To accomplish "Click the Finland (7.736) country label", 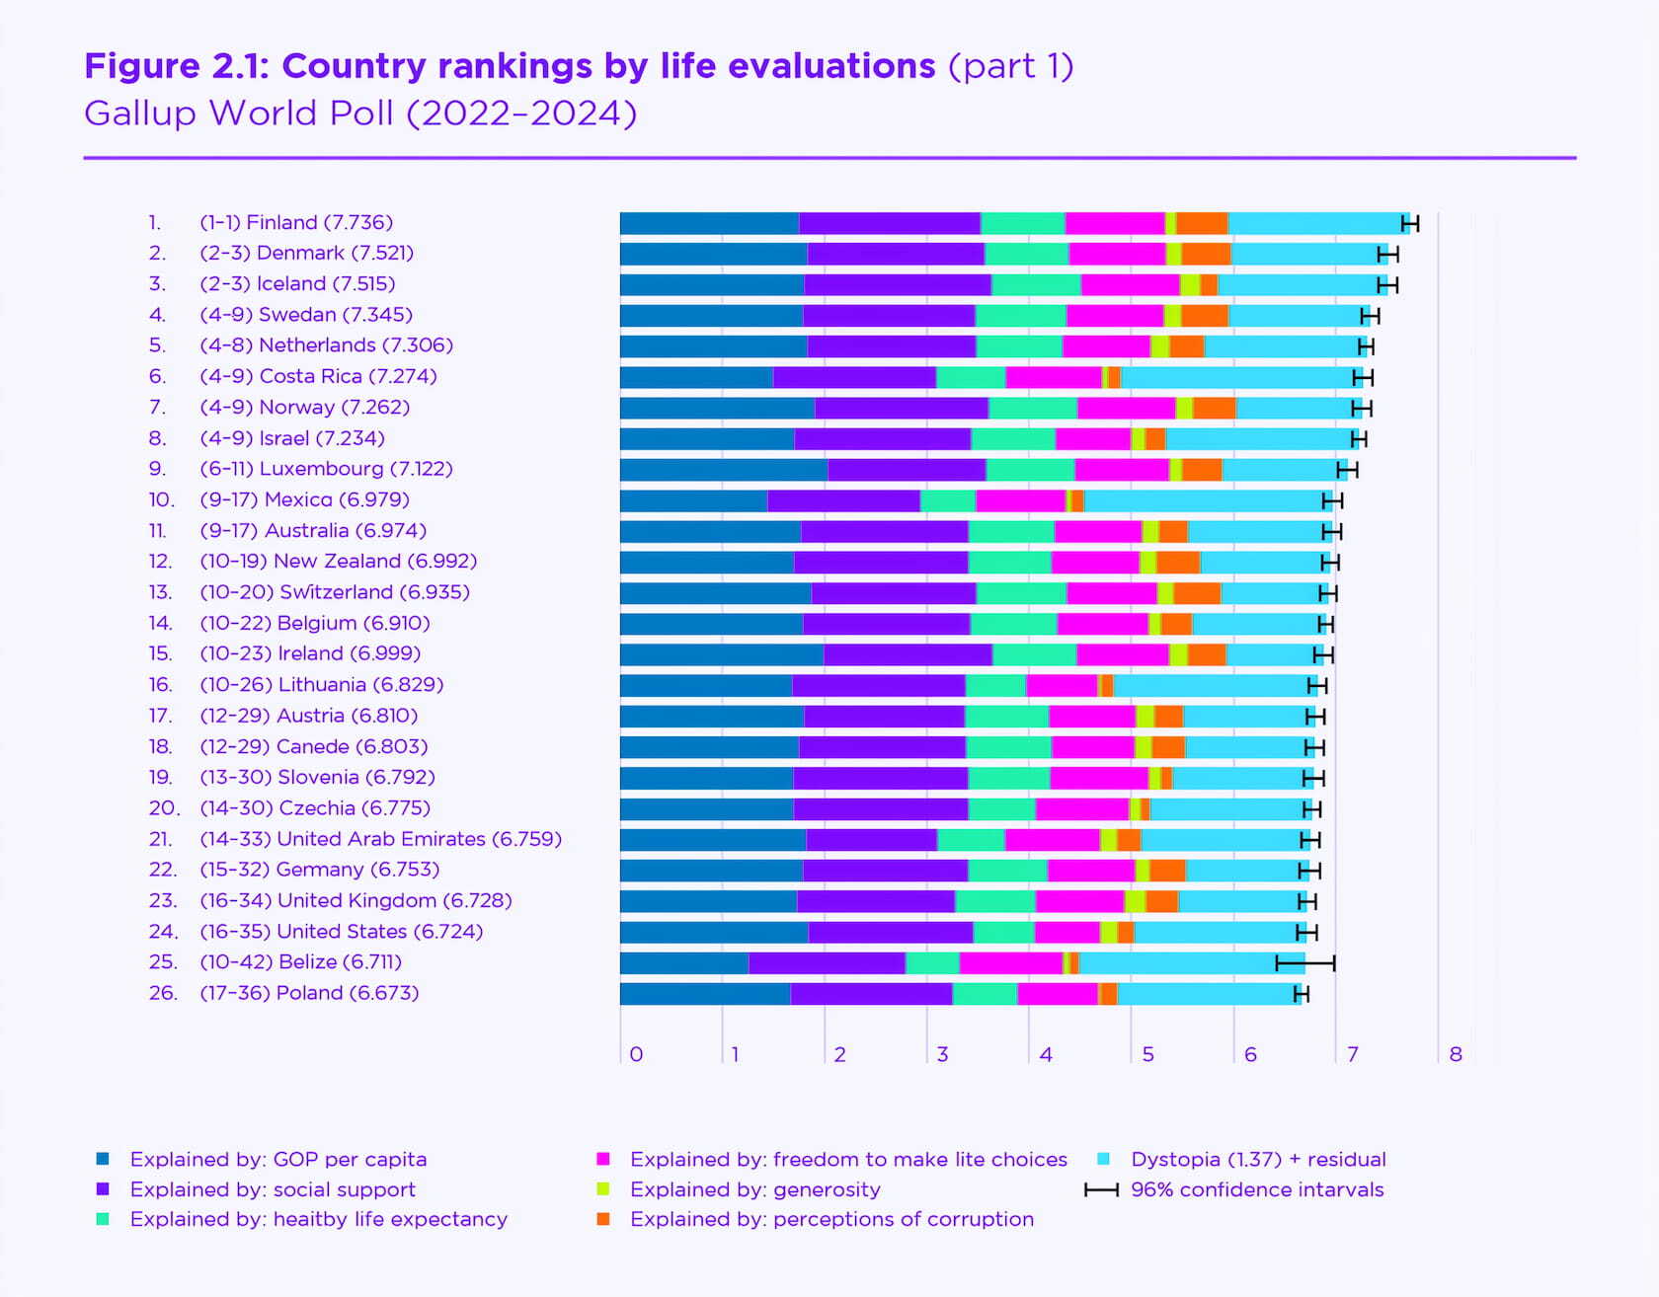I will click(296, 223).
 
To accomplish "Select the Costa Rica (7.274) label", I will click(318, 377).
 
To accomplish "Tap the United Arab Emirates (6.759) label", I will click(380, 840).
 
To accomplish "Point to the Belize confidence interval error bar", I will click(1304, 963).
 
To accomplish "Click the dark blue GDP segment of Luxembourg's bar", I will click(723, 470).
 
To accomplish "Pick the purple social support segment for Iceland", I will click(897, 285).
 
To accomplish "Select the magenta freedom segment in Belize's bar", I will click(1010, 963).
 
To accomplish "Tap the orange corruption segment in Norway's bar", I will click(1214, 409).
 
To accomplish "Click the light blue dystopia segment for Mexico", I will click(1207, 501).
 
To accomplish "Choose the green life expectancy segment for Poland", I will click(985, 994).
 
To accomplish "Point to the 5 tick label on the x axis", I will click(1147, 1055).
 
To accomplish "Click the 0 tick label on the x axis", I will click(636, 1055).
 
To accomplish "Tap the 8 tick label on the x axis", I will click(1455, 1055).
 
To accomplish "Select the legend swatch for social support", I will click(103, 1189).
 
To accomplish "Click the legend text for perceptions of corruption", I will click(831, 1220).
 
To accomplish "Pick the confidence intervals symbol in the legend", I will click(1101, 1190).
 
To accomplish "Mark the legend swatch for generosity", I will click(603, 1189).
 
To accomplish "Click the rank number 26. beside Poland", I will click(163, 994).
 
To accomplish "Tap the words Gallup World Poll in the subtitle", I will click(239, 114).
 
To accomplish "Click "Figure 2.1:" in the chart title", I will click(177, 66).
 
